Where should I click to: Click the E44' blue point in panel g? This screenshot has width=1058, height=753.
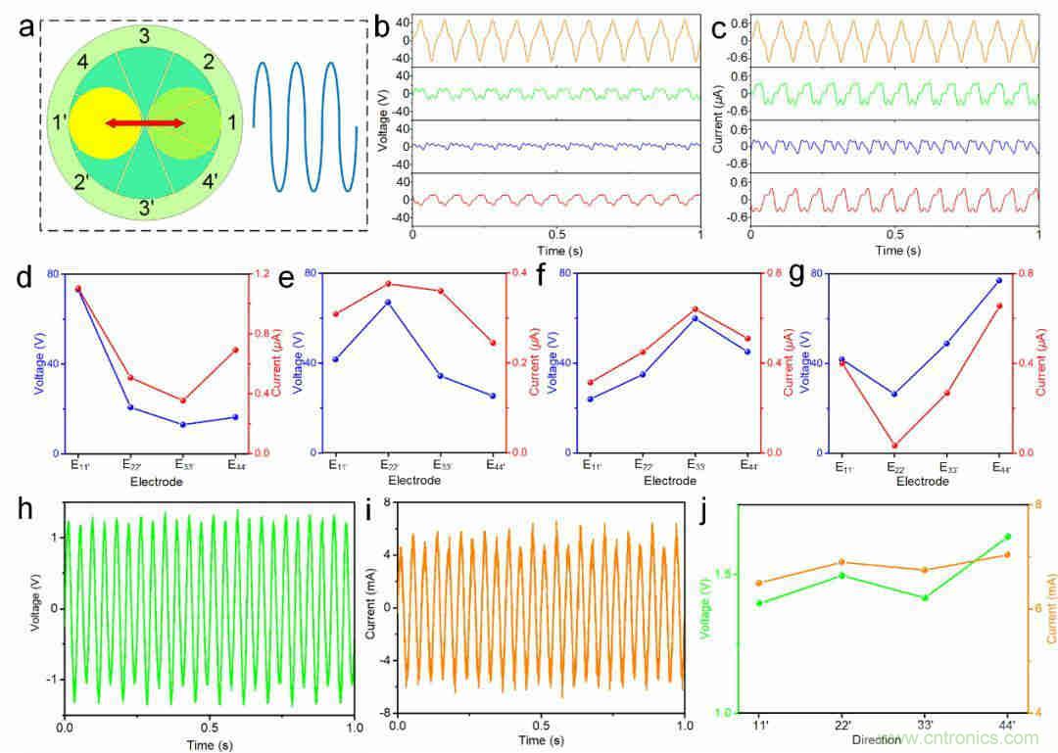coord(998,281)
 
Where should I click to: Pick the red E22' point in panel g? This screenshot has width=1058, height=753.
coord(893,446)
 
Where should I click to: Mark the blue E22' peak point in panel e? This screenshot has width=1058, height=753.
coord(388,302)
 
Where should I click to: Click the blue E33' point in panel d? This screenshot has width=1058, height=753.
coord(182,424)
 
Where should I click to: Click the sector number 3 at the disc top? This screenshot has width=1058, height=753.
coord(144,37)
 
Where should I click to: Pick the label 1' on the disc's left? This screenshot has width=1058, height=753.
coord(60,124)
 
